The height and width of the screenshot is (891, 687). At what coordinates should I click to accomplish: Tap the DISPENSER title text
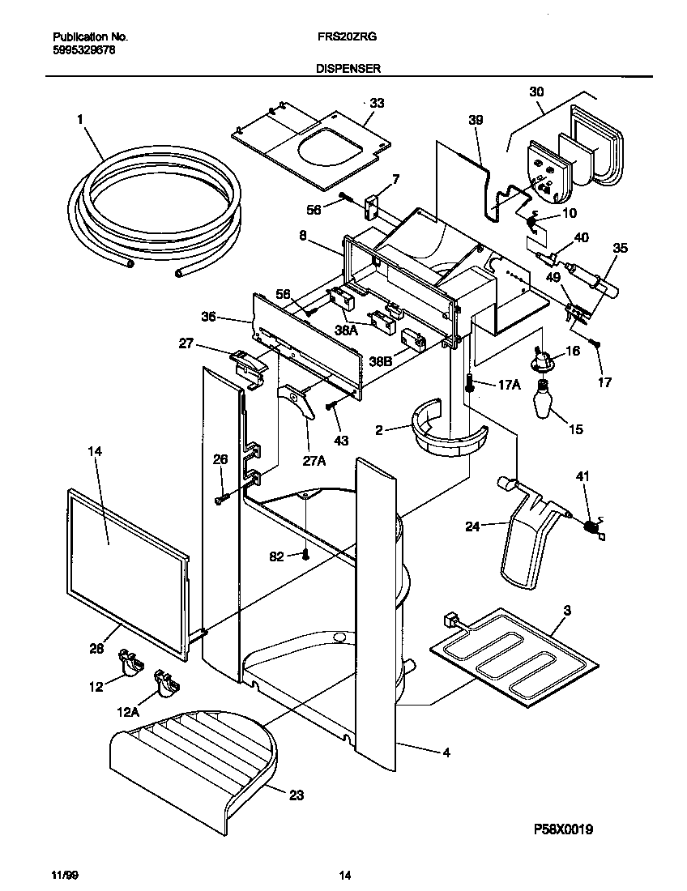pyautogui.click(x=348, y=70)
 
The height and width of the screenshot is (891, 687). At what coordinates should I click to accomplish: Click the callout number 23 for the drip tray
pyautogui.click(x=296, y=795)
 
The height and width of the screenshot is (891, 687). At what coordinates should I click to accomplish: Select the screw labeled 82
pyautogui.click(x=305, y=555)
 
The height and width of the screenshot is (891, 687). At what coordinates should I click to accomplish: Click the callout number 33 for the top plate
pyautogui.click(x=377, y=103)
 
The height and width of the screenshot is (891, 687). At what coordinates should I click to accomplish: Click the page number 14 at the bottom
pyautogui.click(x=345, y=875)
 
